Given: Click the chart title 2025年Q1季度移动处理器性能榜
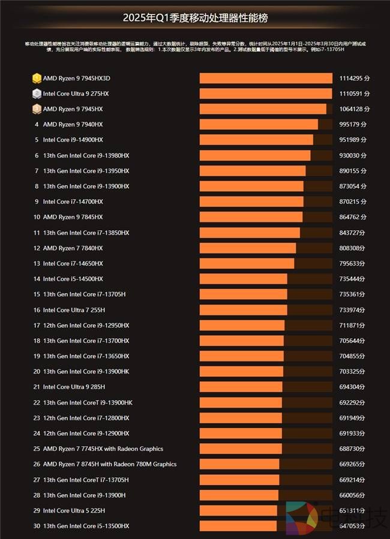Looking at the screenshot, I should [x=194, y=18].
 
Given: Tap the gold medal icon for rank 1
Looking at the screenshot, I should [x=37, y=79].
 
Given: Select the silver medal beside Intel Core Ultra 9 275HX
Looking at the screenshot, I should [x=37, y=94].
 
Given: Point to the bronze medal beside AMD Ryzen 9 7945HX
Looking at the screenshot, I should [x=37, y=109].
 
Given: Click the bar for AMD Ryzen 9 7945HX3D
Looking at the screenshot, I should [x=266, y=79].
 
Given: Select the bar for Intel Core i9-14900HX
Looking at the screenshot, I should [x=256, y=140].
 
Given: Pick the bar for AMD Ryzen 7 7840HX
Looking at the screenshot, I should [x=248, y=248].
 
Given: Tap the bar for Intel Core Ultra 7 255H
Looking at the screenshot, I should [x=243, y=310].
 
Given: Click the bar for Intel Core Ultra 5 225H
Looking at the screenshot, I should [x=238, y=510].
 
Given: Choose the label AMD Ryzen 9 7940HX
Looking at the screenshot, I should [x=73, y=125].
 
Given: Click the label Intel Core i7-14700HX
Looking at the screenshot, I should [x=73, y=201].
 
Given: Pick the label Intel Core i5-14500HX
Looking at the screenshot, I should [x=73, y=279].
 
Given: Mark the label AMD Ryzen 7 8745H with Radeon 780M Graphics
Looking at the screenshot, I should [x=110, y=464].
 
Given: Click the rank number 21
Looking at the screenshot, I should [x=37, y=387].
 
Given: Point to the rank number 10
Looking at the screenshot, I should [x=37, y=217].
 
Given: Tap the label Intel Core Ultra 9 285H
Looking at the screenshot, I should [x=74, y=387].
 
